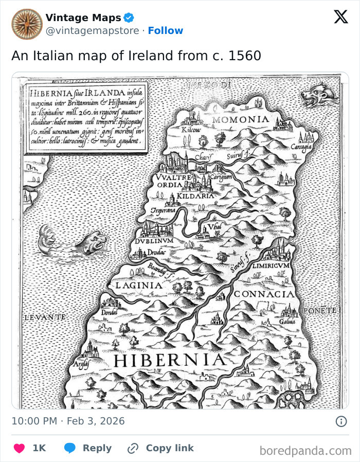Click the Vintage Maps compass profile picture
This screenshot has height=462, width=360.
point(27,24)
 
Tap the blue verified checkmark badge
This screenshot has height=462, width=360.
point(129,18)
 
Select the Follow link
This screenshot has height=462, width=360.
point(165,31)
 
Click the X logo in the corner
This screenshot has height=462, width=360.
point(340,17)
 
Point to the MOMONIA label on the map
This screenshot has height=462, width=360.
point(241,120)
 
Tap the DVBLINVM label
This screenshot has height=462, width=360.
point(154,240)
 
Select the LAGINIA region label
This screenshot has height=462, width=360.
point(139,285)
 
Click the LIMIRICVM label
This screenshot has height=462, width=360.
point(272,265)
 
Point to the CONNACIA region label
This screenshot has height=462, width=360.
point(265,294)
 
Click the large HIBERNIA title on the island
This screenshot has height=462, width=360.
point(169,360)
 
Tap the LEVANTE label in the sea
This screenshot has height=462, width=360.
point(45,317)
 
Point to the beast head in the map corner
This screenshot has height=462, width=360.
point(319,95)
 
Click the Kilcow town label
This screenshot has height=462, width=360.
point(191,131)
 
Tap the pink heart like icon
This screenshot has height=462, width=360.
point(19,448)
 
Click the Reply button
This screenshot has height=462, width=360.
point(87,448)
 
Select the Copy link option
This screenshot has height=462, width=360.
point(161,448)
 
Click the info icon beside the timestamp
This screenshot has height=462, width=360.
point(340,421)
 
